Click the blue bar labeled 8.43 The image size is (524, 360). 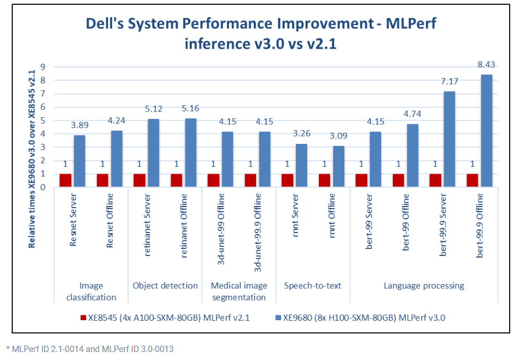coord(486,131)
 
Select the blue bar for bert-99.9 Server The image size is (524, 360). coord(449,139)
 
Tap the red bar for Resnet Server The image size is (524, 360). coord(65,180)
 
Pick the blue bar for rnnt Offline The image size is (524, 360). coord(338,166)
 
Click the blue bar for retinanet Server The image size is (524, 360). coord(153,153)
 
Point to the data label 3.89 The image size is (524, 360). coord(79,126)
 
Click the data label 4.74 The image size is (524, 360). coord(412,114)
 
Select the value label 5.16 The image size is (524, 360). coord(190,109)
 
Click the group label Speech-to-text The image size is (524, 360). coord(312,286)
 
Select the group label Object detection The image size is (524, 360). coord(165,286)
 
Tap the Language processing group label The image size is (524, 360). coord(424,286)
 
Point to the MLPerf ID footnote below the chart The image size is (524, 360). coord(89,349)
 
